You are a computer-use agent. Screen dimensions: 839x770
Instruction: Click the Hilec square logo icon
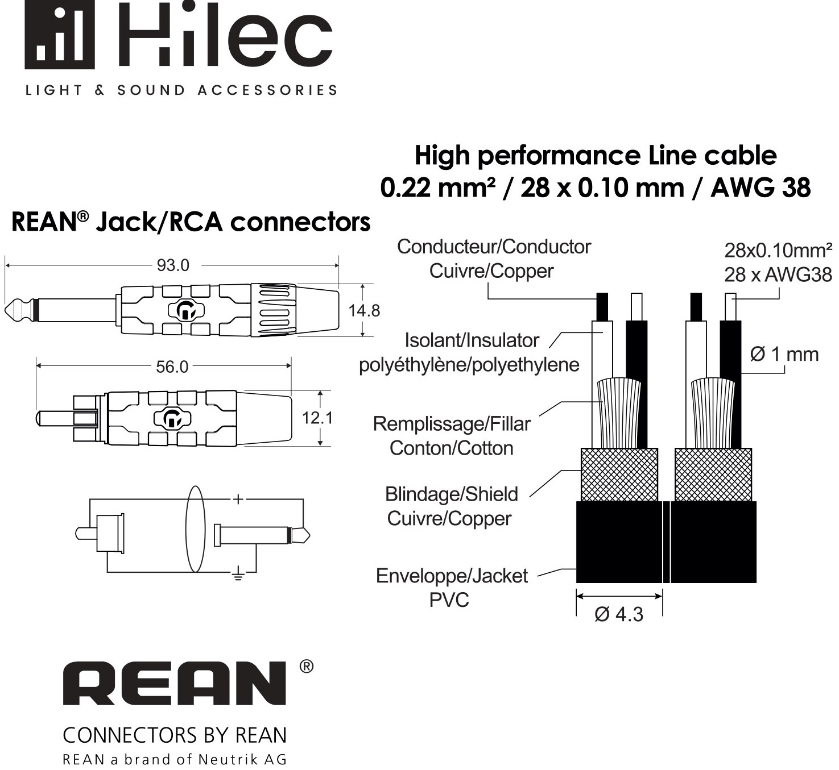pyautogui.click(x=59, y=35)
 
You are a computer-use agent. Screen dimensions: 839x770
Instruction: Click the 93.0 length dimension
pyautogui.click(x=173, y=265)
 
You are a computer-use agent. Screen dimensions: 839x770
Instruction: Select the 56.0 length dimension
pyautogui.click(x=172, y=367)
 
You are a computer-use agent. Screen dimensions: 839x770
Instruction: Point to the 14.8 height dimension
pyautogui.click(x=364, y=311)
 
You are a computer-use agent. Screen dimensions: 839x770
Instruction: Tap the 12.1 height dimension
pyautogui.click(x=317, y=418)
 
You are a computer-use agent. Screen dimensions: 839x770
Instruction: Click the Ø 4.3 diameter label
pyautogui.click(x=619, y=614)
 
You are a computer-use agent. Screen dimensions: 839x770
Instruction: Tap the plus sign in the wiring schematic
pyautogui.click(x=238, y=499)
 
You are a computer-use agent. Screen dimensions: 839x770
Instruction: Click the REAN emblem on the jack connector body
pyautogui.click(x=185, y=311)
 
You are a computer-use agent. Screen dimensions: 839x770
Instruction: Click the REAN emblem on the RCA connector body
pyautogui.click(x=172, y=418)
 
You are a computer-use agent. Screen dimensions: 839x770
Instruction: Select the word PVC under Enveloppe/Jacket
pyautogui.click(x=449, y=600)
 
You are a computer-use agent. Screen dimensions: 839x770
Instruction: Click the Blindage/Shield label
pyautogui.click(x=451, y=494)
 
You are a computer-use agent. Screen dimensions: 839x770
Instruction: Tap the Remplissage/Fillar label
pyautogui.click(x=452, y=424)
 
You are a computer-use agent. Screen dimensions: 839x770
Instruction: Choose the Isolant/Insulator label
pyautogui.click(x=472, y=341)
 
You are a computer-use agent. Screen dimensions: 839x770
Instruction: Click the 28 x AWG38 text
pyautogui.click(x=778, y=275)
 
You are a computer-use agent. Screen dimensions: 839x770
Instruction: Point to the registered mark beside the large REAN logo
pyautogui.click(x=307, y=667)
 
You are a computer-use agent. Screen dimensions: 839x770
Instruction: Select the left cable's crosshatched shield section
pyautogui.click(x=619, y=475)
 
